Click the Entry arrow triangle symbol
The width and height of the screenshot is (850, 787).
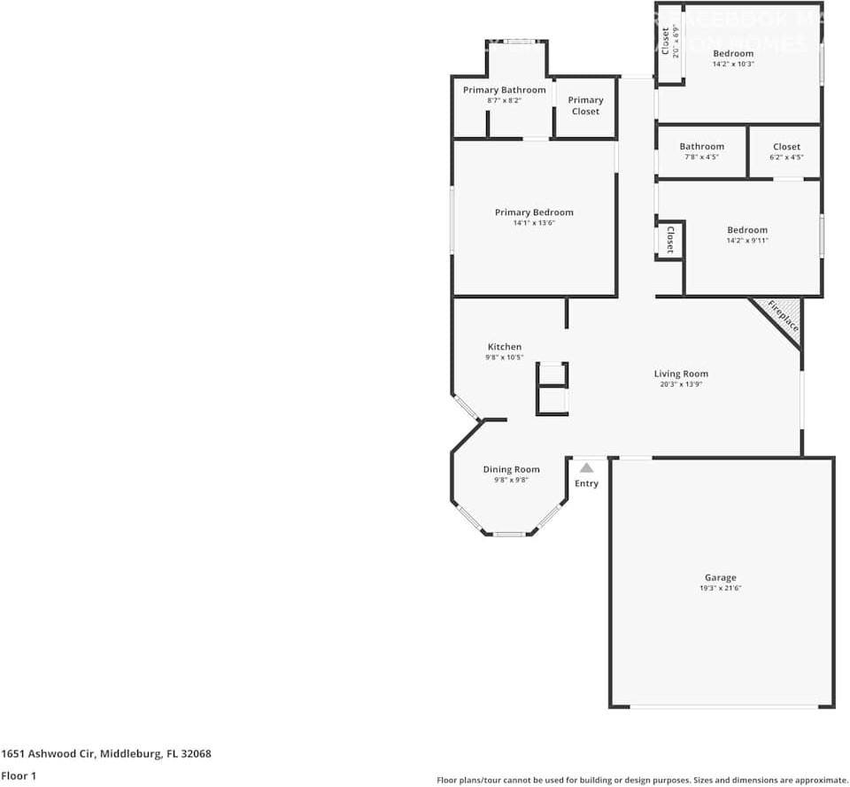586,467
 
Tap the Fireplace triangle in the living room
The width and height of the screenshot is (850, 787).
783,315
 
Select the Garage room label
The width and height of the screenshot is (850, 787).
720,577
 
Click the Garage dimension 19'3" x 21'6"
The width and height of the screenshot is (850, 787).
720,588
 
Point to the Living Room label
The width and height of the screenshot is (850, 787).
681,374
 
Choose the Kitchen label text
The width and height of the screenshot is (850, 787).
505,347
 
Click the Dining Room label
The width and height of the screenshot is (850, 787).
511,469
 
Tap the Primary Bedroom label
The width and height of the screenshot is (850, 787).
534,212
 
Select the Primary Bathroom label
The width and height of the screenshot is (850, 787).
504,90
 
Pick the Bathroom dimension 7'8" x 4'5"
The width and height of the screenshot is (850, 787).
701,157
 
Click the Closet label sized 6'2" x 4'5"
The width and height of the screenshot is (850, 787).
786,147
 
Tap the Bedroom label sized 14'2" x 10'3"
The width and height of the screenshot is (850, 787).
733,53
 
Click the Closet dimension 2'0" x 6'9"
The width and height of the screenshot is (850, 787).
676,42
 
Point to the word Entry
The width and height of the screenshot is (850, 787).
586,483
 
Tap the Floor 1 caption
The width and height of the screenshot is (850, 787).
19,775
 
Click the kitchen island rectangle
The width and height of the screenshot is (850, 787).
552,389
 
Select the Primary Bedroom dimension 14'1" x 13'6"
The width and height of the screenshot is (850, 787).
534,223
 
